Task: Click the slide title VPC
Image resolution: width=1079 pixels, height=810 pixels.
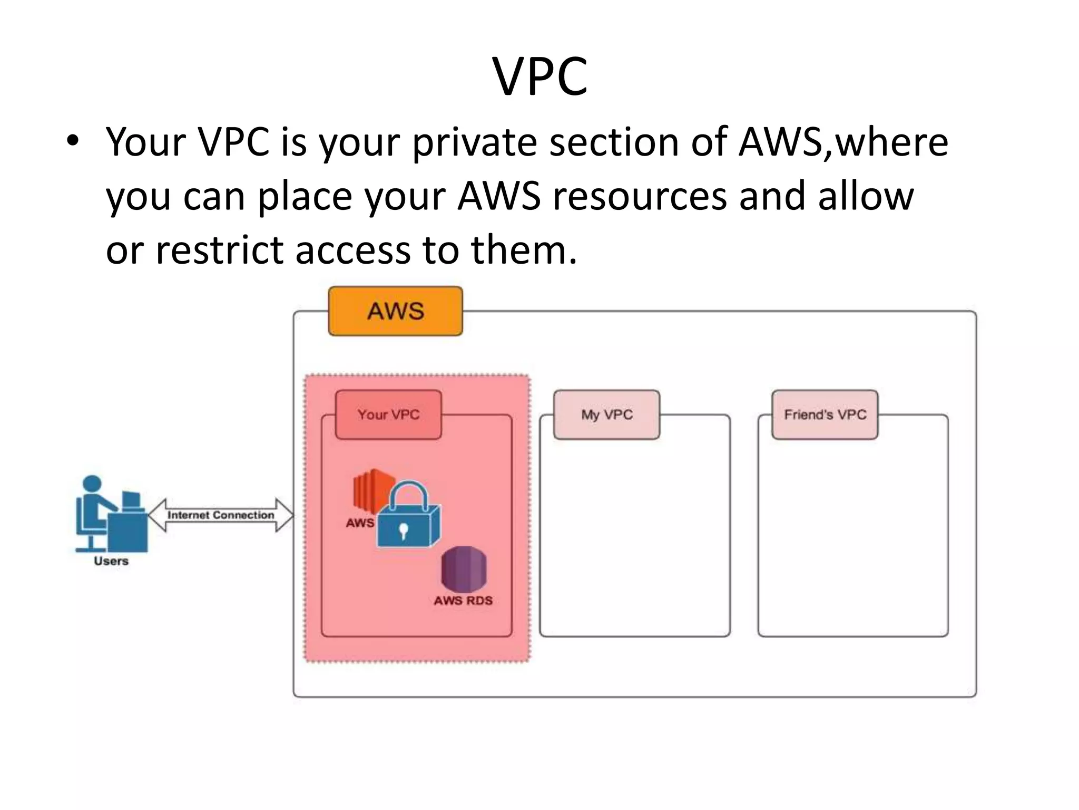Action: [x=539, y=77]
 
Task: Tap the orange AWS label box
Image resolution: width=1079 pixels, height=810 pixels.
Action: [x=395, y=311]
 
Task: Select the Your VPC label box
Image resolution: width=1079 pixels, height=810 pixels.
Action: [x=388, y=414]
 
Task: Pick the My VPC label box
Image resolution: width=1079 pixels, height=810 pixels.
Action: [x=606, y=414]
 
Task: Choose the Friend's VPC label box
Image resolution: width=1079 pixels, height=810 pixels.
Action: [x=825, y=414]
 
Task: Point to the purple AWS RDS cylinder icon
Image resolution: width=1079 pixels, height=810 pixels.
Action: [x=464, y=570]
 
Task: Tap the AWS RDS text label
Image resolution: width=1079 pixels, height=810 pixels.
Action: [x=463, y=601]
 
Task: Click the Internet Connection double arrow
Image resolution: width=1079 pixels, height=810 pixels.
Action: [x=220, y=515]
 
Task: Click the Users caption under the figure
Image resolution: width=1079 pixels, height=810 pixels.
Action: [x=111, y=561]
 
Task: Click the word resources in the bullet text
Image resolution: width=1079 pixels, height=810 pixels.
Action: [x=639, y=196]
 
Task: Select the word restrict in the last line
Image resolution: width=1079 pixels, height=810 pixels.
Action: [x=219, y=250]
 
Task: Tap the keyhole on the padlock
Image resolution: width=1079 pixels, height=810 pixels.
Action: [x=403, y=531]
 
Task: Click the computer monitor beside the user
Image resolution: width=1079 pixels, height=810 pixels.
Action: [x=131, y=500]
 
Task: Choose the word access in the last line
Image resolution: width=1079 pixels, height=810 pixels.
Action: [x=352, y=250]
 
